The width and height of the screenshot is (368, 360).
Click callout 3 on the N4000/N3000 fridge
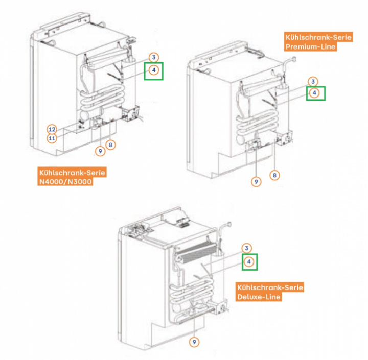point(154,57)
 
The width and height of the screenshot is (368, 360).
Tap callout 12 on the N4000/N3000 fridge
point(52,129)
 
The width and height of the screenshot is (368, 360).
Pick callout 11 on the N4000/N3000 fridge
point(52,138)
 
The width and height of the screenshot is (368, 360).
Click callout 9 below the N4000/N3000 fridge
point(100,151)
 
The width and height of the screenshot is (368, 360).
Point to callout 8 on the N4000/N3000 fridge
point(111,146)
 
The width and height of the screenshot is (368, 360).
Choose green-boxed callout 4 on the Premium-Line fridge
point(315,93)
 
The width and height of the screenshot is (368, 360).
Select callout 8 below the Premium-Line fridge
point(275,176)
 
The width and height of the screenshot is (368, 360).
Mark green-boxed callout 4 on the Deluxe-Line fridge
point(249,262)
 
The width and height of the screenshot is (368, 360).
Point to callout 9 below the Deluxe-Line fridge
point(194,342)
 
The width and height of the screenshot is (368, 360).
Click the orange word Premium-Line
point(310,47)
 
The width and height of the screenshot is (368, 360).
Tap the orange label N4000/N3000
point(65,182)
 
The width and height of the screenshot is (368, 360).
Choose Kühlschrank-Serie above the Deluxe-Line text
point(269,287)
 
